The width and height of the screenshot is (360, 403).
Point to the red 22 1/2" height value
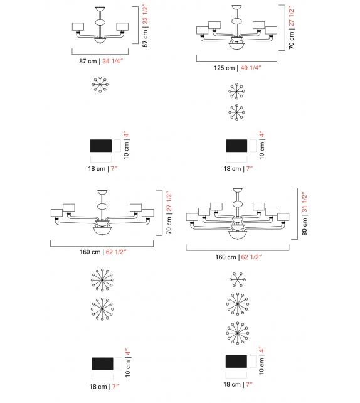pos(145,14)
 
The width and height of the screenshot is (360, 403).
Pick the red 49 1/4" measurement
pos(251,68)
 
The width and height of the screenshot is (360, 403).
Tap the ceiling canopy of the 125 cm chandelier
pos(237,8)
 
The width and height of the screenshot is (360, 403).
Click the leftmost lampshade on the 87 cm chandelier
pos(78,26)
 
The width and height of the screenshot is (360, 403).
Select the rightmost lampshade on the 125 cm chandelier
pos(271,30)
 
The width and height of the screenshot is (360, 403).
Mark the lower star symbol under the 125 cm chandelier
pos(237,112)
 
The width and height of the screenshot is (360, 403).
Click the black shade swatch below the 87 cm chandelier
pos(102,146)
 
